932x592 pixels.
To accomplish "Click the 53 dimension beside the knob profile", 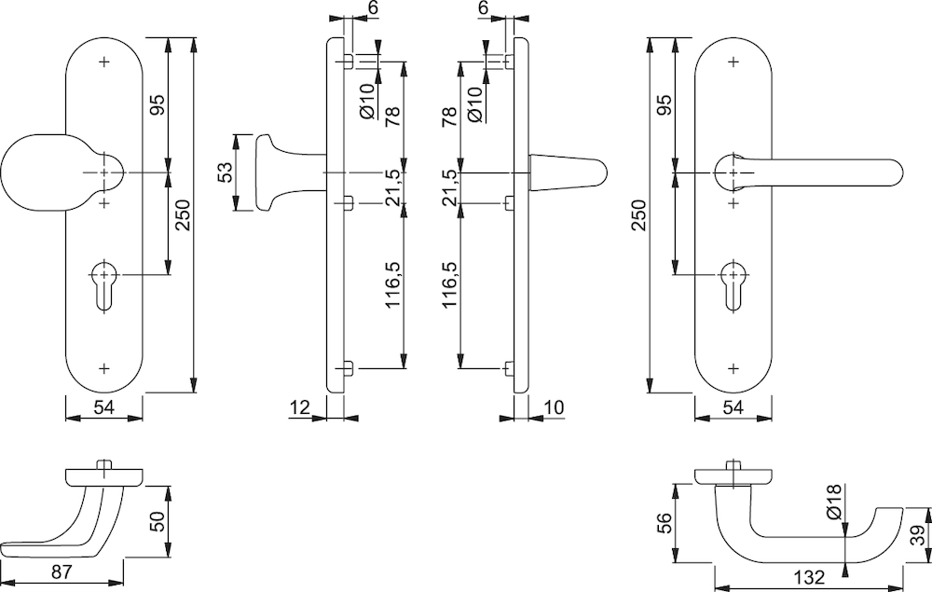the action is pyautogui.click(x=225, y=172).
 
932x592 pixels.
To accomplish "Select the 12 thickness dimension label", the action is pyautogui.click(x=301, y=407).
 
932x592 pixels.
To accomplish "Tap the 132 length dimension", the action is pyautogui.click(x=809, y=576).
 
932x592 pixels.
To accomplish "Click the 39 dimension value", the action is pyautogui.click(x=917, y=535).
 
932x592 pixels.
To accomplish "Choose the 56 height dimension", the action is pyautogui.click(x=665, y=522).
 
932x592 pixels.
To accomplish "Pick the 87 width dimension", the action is pyautogui.click(x=62, y=571).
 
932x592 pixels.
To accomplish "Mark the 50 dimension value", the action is pyautogui.click(x=157, y=520).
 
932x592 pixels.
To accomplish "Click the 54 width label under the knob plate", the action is pyautogui.click(x=104, y=407).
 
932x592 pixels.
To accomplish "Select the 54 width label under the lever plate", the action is pyautogui.click(x=733, y=407).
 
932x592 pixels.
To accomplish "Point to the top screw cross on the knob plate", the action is pyautogui.click(x=104, y=62).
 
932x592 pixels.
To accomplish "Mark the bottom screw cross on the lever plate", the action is pyautogui.click(x=733, y=368).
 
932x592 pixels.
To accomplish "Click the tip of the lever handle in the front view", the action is pyautogui.click(x=902, y=172).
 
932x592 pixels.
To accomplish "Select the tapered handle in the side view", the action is pyautogui.click(x=568, y=172).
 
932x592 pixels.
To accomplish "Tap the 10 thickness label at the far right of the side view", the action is pyautogui.click(x=554, y=407).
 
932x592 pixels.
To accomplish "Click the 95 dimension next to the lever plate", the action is pyautogui.click(x=665, y=104).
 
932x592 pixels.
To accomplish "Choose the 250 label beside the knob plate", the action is pyautogui.click(x=182, y=215).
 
